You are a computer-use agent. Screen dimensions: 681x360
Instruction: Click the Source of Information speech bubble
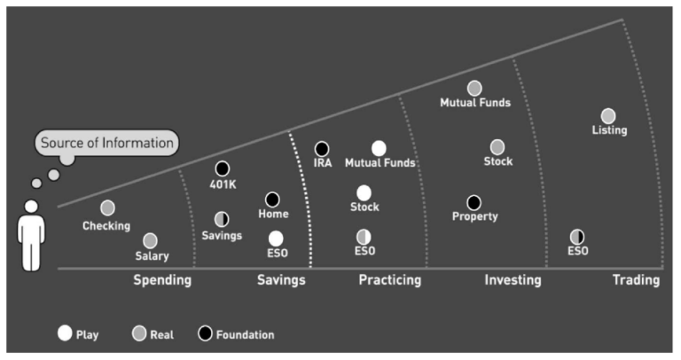coord(106,143)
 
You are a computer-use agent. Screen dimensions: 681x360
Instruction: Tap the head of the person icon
coord(31,207)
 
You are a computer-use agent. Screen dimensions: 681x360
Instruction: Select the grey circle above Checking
coord(107,208)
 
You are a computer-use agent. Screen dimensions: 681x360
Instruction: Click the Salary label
coord(152,255)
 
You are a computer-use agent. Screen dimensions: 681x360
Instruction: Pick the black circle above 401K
coord(223,168)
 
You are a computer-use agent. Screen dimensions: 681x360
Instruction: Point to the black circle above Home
coord(272,200)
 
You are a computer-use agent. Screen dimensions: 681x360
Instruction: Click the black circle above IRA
coord(322,149)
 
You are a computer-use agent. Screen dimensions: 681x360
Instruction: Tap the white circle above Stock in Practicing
coord(364,193)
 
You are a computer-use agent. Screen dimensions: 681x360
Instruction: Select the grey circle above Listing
coord(608,116)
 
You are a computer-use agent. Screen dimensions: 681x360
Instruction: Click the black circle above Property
coord(474,202)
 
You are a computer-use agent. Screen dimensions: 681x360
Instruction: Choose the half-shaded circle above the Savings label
coord(222,219)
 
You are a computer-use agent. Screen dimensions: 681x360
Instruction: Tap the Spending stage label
coord(162,280)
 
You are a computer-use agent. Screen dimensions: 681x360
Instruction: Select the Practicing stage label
coord(390,280)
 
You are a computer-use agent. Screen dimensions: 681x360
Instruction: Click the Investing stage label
coord(513,280)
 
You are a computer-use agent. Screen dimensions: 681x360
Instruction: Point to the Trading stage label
coord(637,280)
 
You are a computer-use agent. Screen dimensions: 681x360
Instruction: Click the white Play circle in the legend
coord(65,333)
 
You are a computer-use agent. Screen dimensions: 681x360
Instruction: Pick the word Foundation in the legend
coord(246,335)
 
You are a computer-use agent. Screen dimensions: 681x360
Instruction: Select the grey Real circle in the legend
coord(139,333)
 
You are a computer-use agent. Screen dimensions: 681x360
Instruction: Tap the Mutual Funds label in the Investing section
coord(475,103)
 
